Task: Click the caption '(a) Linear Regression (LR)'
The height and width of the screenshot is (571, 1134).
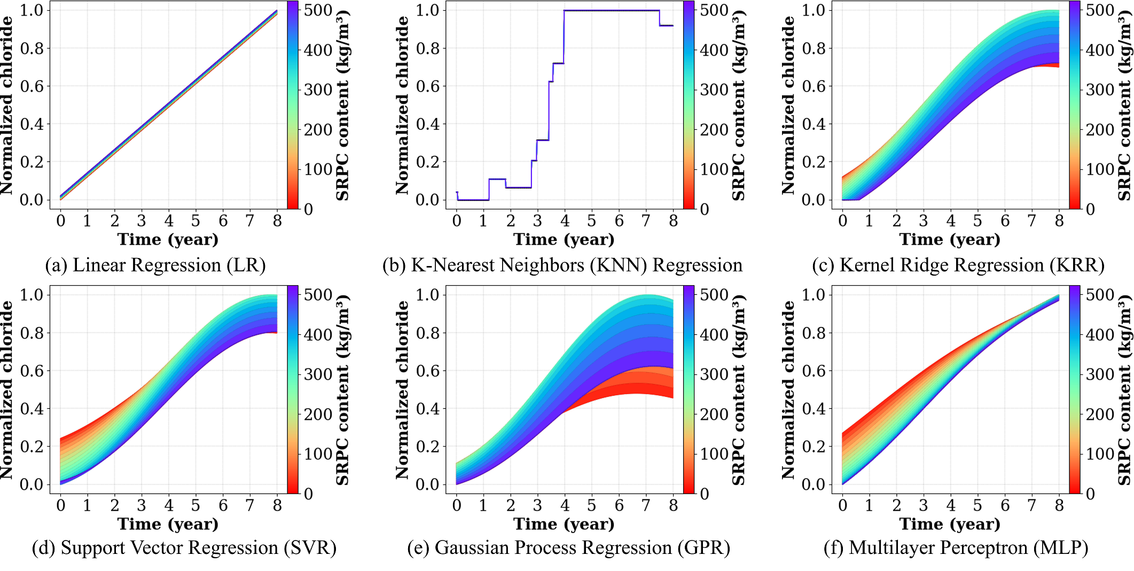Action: coord(155,265)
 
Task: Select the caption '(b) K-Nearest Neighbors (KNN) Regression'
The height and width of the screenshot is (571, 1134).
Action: coord(562,265)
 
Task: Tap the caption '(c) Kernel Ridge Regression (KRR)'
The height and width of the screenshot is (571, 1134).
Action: coord(958,265)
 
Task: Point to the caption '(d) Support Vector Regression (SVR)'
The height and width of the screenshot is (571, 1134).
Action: coord(184,548)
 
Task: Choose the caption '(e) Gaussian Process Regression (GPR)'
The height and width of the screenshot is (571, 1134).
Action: coord(568,548)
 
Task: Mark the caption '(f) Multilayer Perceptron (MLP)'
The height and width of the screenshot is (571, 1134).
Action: coord(956,548)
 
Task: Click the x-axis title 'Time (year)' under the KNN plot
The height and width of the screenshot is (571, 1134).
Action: coord(564,239)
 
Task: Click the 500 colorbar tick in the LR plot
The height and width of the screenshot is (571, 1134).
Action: coord(318,11)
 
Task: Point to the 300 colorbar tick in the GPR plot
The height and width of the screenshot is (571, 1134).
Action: coord(714,374)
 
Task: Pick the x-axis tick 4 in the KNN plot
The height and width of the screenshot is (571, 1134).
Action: coord(565,221)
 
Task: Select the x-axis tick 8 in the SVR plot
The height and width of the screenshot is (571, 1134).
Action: coord(277,505)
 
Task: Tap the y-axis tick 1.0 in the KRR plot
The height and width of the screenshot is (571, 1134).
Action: coord(814,10)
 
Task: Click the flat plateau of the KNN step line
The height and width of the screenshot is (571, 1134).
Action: coord(612,11)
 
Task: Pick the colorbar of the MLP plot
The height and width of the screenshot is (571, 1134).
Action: coord(1075,389)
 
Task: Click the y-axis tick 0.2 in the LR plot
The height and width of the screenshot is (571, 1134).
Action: coord(32,162)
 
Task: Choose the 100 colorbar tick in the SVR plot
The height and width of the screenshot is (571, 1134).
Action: coord(318,454)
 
